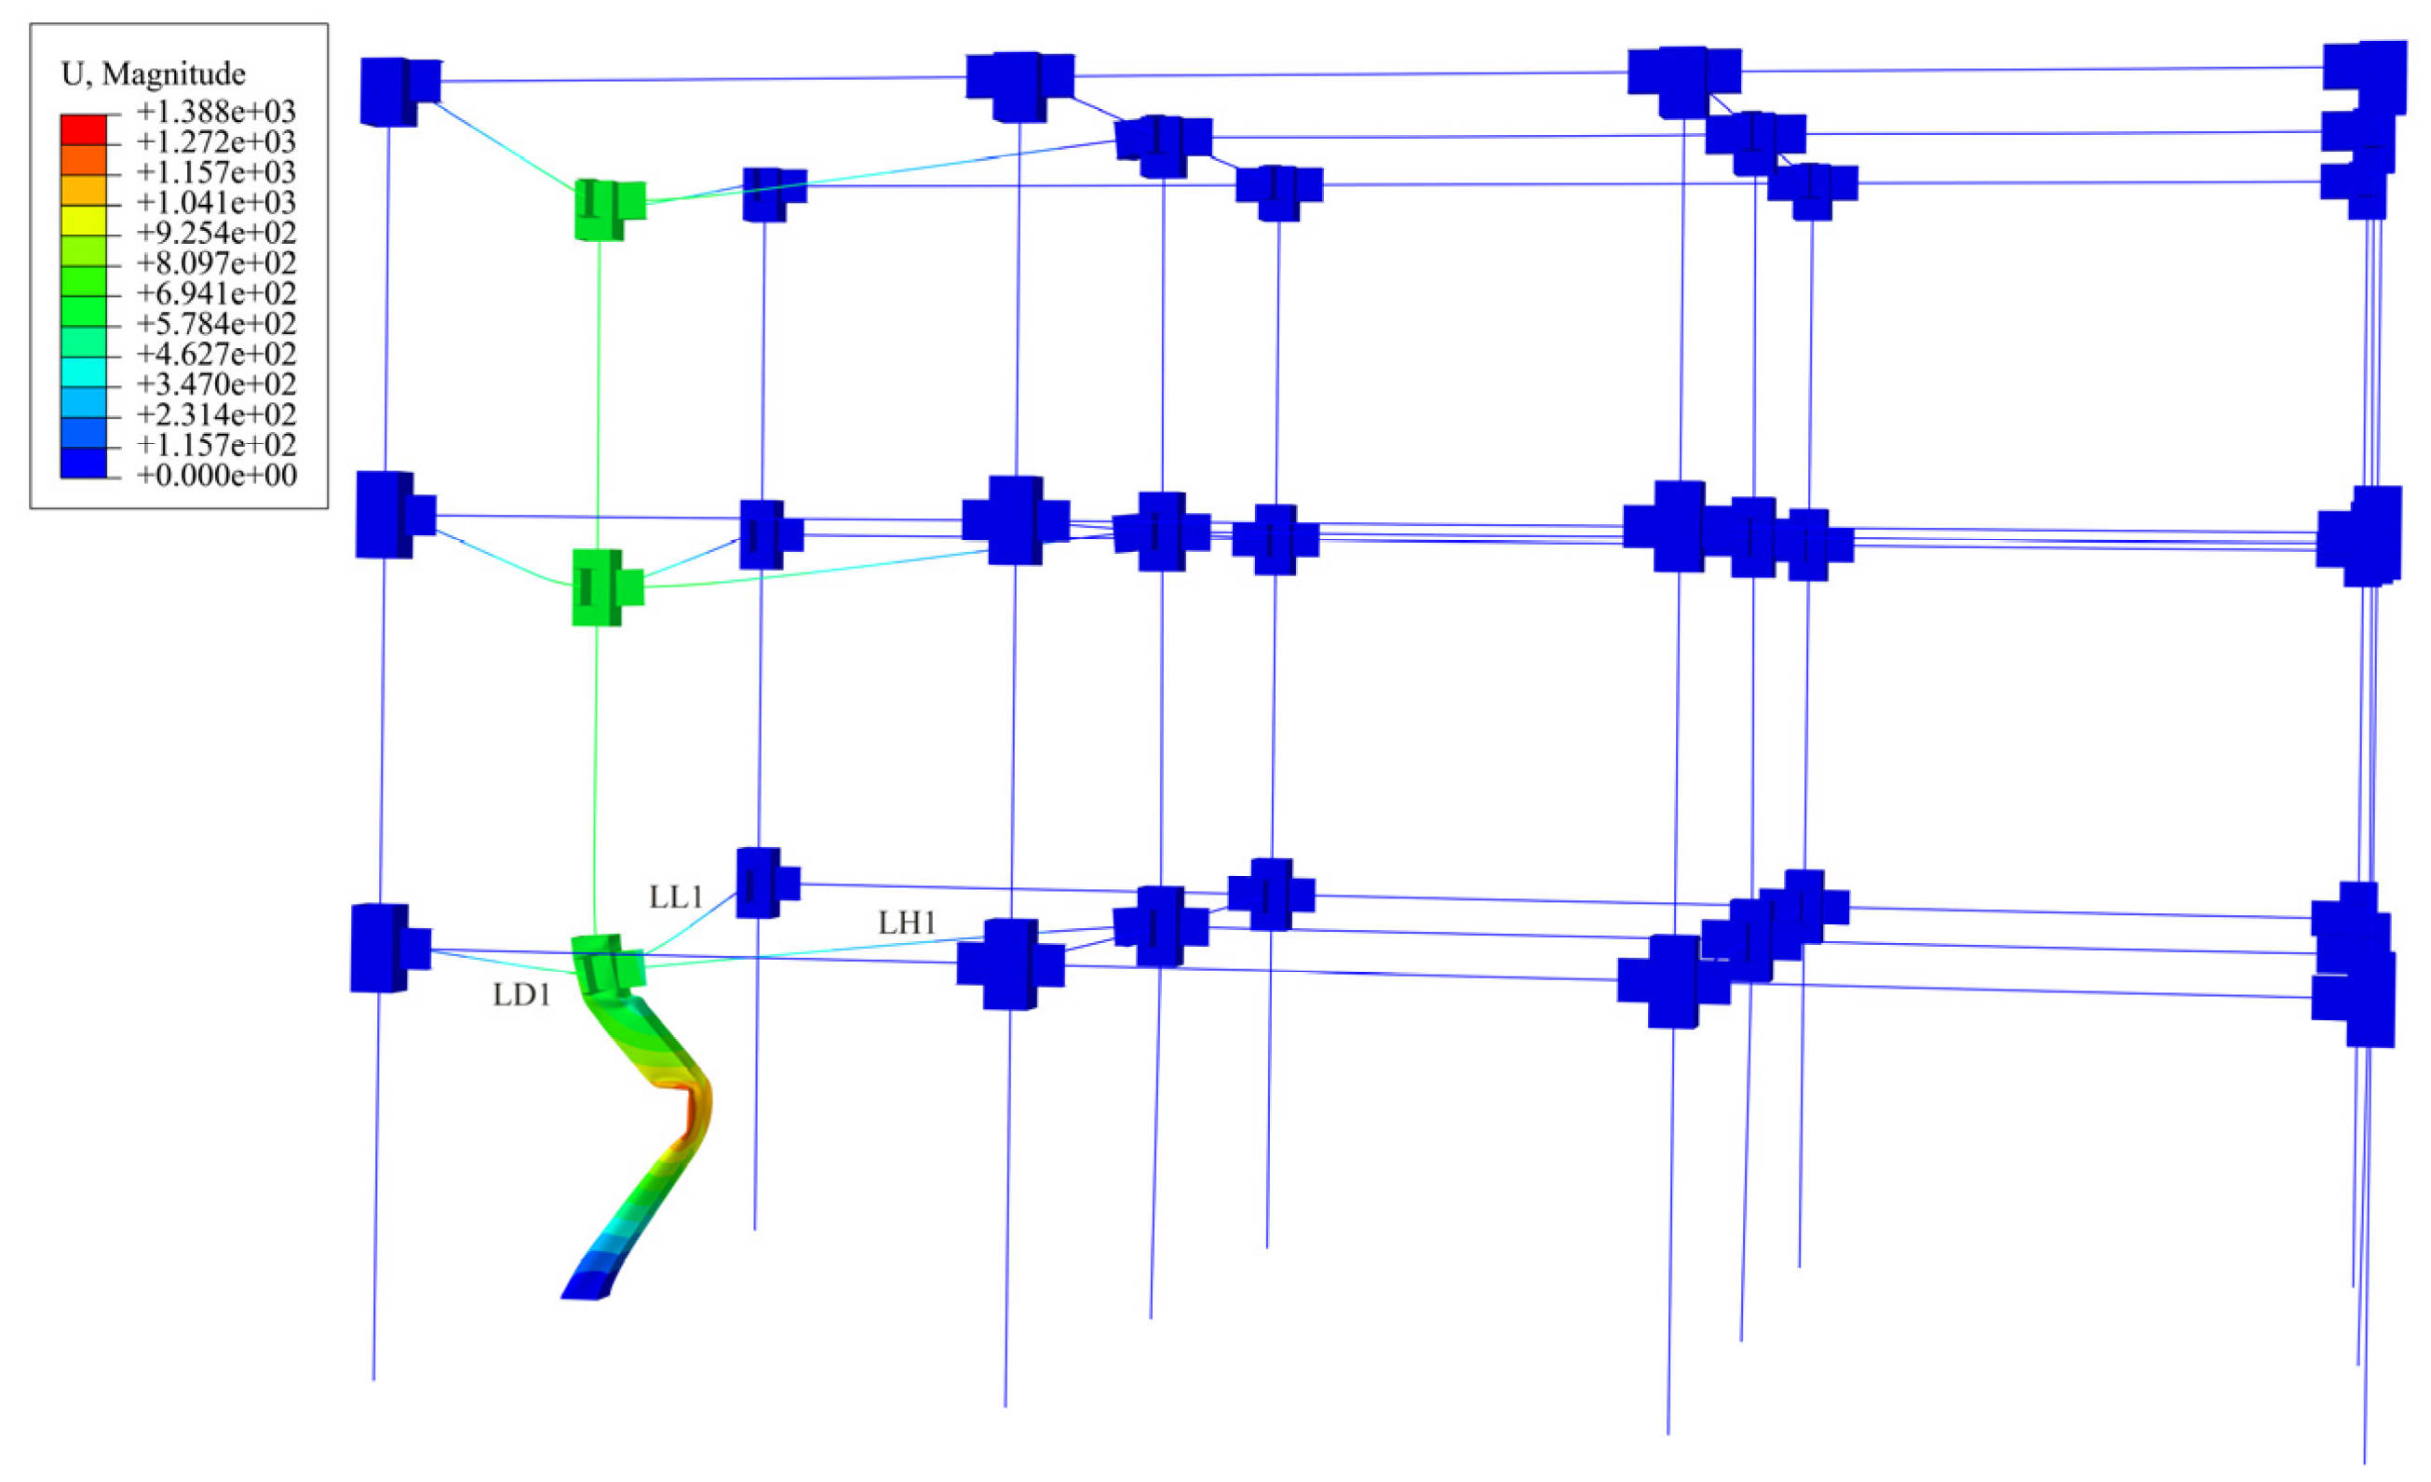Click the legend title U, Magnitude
click(153, 74)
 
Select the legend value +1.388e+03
click(216, 112)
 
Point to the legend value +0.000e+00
click(216, 476)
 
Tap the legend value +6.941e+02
click(216, 294)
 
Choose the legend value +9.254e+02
click(216, 233)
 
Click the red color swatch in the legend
click(83, 129)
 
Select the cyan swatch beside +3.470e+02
click(83, 372)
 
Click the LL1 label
click(676, 896)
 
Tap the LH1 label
click(907, 923)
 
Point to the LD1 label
click(522, 995)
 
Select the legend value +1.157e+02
click(216, 445)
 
